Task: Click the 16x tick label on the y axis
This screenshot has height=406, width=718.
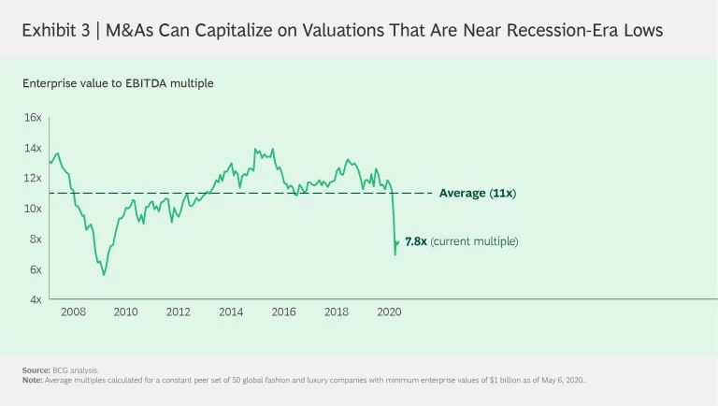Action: (x=33, y=118)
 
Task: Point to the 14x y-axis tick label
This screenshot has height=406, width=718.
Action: (x=33, y=148)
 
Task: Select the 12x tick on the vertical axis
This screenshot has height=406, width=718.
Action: (x=33, y=178)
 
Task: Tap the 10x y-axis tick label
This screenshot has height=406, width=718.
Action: (x=33, y=209)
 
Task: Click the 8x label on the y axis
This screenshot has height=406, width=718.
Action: (x=35, y=239)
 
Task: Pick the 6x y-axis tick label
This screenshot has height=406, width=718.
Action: (x=35, y=269)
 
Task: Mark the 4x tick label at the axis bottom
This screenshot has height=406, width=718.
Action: (x=35, y=299)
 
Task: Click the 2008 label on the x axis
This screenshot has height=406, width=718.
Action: (x=73, y=312)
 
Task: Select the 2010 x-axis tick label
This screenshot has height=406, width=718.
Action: (x=125, y=312)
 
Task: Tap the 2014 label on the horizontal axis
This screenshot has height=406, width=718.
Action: (x=231, y=312)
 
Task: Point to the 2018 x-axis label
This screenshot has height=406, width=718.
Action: (x=337, y=312)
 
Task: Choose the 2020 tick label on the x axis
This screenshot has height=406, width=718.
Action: (x=389, y=312)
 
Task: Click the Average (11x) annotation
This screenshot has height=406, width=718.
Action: (x=478, y=194)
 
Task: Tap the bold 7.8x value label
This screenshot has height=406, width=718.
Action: (x=415, y=241)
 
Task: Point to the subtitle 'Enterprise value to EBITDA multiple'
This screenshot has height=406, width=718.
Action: (x=119, y=83)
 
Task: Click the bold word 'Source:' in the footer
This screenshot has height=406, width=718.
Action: (x=36, y=370)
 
